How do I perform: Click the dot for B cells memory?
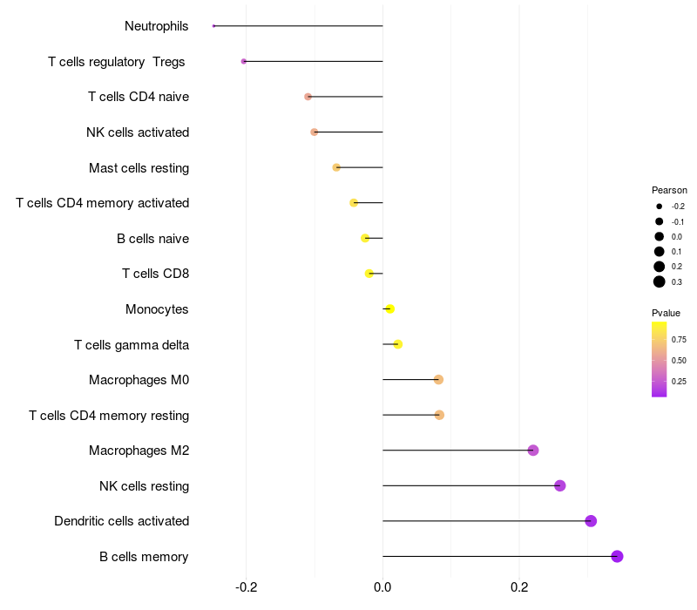coord(617,556)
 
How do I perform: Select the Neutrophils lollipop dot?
coord(213,26)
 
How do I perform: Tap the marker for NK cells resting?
coord(559,485)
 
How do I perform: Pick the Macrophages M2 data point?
coord(533,451)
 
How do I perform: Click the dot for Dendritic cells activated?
coord(591,521)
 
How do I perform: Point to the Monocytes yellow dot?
coord(389,309)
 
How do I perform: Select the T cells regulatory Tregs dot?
coord(244,61)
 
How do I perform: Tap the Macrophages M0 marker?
coord(438,380)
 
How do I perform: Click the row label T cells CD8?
coord(155,274)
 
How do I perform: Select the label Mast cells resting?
coord(139,167)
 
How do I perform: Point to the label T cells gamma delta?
coord(132,345)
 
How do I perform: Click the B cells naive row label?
coord(152,238)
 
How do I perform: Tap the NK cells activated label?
coord(138,132)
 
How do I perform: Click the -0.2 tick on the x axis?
coord(247,588)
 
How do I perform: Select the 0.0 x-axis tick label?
coord(382,588)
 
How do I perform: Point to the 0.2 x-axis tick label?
coord(519,588)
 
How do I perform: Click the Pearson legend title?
coord(669,190)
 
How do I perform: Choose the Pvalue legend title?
coord(666,313)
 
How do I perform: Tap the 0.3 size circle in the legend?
coord(660,281)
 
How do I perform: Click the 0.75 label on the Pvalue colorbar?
coord(680,339)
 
